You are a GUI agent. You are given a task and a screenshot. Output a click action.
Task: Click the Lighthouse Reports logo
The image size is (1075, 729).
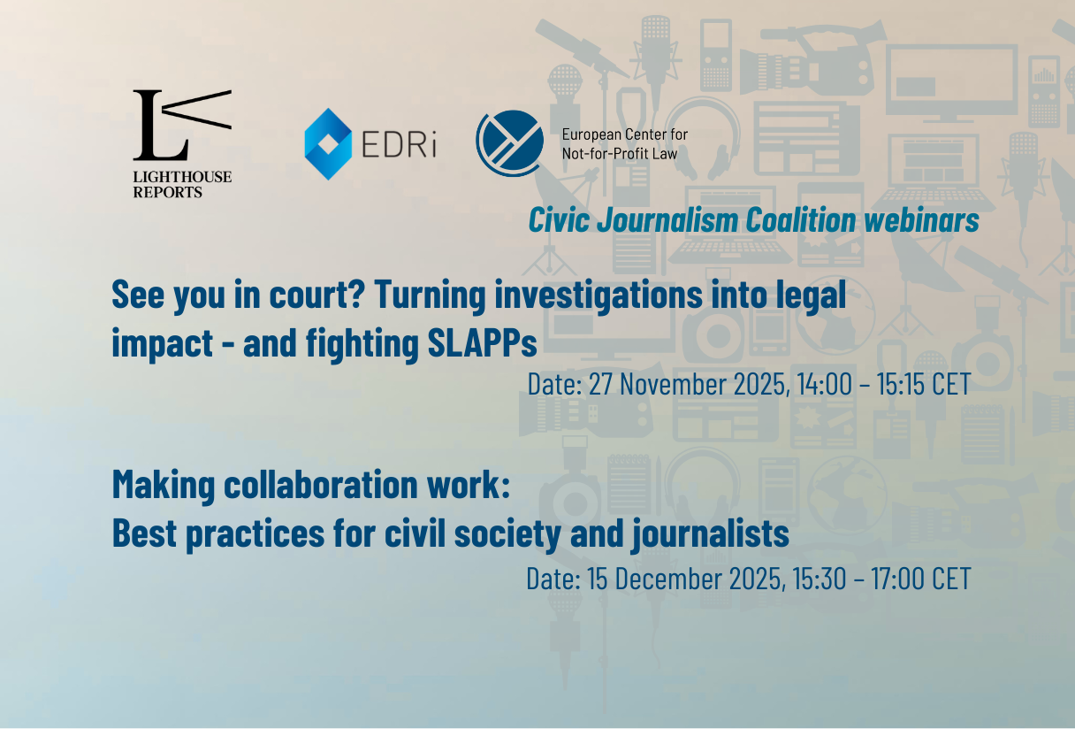pyautogui.click(x=182, y=144)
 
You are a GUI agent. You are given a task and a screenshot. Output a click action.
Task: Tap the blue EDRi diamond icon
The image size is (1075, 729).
pyautogui.click(x=328, y=144)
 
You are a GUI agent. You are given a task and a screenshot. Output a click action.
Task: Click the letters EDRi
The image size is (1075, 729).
pyautogui.click(x=400, y=143)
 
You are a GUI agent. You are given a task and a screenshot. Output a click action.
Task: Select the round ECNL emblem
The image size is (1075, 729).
pyautogui.click(x=510, y=143)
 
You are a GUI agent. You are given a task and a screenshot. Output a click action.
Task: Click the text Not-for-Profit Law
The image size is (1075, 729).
pyautogui.click(x=620, y=154)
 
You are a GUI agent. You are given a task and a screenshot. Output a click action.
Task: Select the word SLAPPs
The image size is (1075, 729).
pyautogui.click(x=483, y=342)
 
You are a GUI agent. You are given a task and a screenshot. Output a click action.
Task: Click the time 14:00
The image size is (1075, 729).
pyautogui.click(x=824, y=384)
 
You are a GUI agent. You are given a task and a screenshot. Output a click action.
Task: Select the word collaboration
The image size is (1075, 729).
pyautogui.click(x=321, y=485)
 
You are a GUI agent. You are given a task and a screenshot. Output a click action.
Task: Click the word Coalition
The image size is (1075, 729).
pyautogui.click(x=800, y=220)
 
